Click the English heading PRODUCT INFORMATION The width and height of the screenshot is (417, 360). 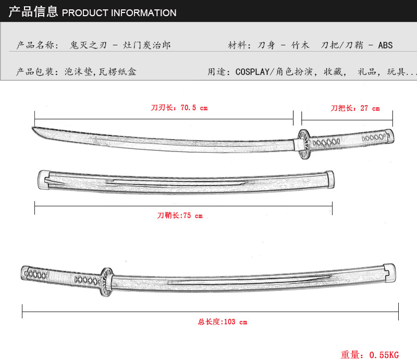pyautogui.click(x=119, y=13)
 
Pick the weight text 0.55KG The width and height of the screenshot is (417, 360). pyautogui.click(x=384, y=355)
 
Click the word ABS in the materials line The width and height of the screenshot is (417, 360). pyautogui.click(x=385, y=45)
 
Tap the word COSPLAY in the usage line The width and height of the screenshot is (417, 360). pyautogui.click(x=252, y=72)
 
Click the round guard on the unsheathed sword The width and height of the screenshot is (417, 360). pyautogui.click(x=304, y=144)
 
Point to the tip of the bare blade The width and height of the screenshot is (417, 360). pyautogui.click(x=32, y=128)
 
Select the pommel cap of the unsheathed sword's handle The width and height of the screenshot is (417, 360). pyautogui.click(x=390, y=136)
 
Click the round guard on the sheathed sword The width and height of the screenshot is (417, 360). pyautogui.click(x=107, y=282)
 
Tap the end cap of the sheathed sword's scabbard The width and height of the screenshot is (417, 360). pyautogui.click(x=389, y=273)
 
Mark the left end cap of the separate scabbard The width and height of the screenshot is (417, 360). pyautogui.click(x=43, y=180)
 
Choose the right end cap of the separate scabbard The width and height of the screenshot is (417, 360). pyautogui.click(x=330, y=179)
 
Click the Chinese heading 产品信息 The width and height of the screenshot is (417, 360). pyautogui.click(x=33, y=11)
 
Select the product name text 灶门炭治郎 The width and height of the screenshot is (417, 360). pyautogui.click(x=147, y=45)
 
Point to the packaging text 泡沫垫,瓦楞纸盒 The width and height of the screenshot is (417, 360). pyautogui.click(x=100, y=71)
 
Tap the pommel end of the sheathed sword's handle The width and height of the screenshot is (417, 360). pyautogui.click(x=25, y=273)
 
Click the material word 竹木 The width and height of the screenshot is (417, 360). pyautogui.click(x=300, y=45)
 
